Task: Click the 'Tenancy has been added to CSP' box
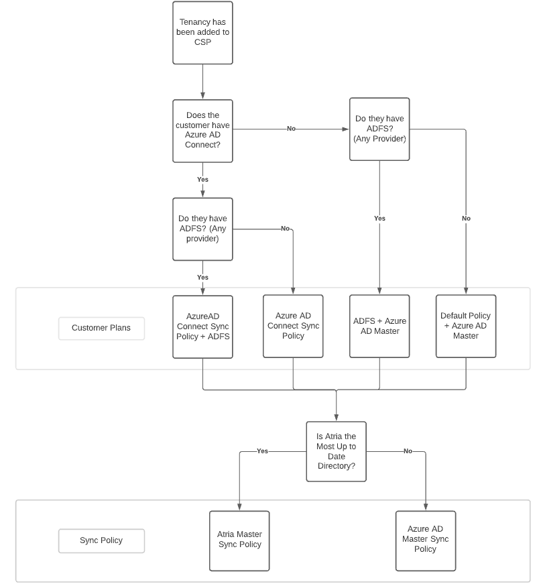202,33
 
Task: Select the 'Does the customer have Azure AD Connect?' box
202,131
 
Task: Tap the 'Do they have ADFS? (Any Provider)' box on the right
379,129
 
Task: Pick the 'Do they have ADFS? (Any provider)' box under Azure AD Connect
202,229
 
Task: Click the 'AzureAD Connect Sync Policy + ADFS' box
202,327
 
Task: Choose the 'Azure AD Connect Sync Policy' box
293,326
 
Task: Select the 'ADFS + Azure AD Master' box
379,326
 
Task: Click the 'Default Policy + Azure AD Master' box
466,326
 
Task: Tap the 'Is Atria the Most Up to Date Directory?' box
336,451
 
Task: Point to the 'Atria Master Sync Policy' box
239,540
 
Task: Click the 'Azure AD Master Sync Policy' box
425,540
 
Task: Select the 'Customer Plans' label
101,329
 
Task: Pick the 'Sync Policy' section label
101,540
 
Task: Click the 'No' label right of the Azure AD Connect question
291,129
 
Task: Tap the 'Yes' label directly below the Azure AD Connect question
202,180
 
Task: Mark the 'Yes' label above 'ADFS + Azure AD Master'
379,219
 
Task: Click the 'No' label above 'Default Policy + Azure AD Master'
466,219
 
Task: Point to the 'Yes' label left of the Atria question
262,451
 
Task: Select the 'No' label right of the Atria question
408,451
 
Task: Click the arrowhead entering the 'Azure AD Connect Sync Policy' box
293,291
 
